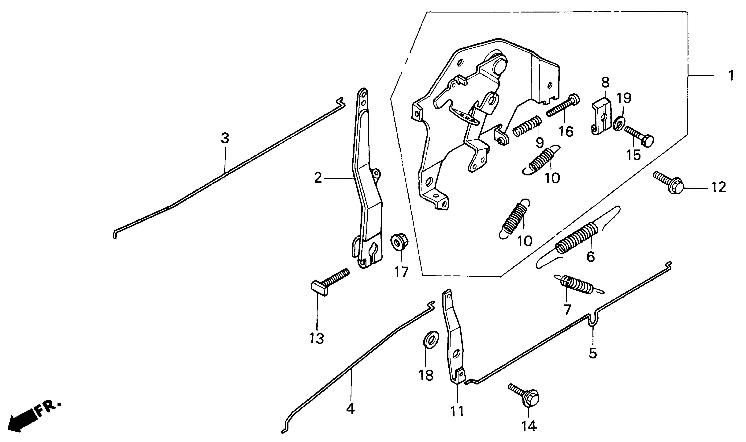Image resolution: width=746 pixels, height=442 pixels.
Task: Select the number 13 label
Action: tap(317, 338)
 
